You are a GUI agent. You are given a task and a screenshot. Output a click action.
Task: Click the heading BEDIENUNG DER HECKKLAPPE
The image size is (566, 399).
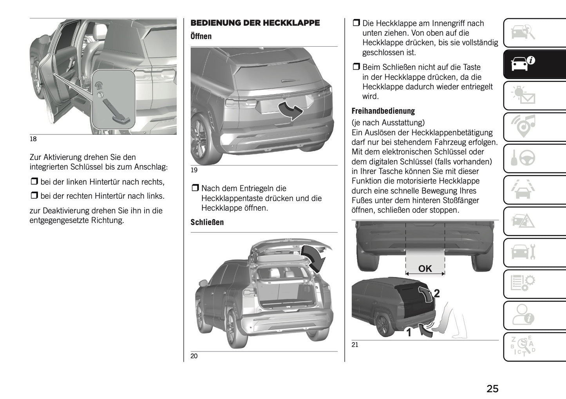point(255,23)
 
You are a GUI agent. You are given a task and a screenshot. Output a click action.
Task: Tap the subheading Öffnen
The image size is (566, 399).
point(201,36)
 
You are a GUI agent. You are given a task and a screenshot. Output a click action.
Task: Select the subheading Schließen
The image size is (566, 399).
point(207,222)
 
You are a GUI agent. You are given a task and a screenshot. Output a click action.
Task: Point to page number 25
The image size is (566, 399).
point(492,388)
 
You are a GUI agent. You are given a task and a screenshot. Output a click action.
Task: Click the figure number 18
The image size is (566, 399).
point(33,139)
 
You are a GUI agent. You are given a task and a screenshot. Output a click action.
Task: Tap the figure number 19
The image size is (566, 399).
point(194,170)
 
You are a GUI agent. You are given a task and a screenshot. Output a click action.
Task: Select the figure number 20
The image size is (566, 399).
point(194,356)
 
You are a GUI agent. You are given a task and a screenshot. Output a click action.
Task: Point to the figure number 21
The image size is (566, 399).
point(355,345)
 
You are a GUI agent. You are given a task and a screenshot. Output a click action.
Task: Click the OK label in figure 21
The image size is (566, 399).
point(425,268)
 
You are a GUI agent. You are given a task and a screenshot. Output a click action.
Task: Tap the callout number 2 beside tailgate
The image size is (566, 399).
point(437,293)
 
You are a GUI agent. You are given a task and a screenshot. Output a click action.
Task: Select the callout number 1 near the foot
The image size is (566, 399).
point(409,333)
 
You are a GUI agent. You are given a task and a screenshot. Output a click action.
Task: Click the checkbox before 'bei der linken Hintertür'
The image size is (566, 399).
point(34,182)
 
